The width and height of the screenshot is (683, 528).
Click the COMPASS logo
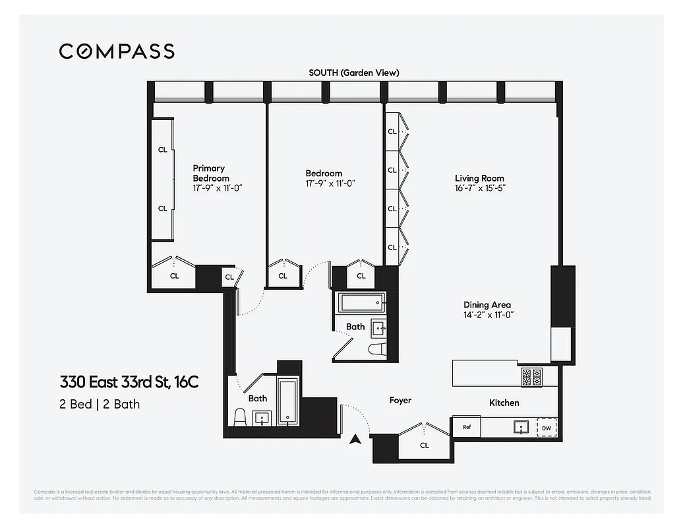pyautogui.click(x=117, y=51)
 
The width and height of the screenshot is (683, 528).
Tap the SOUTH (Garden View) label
pyautogui.click(x=354, y=73)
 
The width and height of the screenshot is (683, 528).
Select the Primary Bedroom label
pyautogui.click(x=210, y=173)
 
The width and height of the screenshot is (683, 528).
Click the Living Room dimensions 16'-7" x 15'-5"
pyautogui.click(x=479, y=188)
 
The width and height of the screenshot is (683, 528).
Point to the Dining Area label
pyautogui.click(x=487, y=304)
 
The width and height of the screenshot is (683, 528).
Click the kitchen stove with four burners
pyautogui.click(x=531, y=377)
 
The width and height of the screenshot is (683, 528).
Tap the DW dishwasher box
pyautogui.click(x=546, y=428)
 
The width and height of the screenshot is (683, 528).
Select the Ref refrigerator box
pyautogui.click(x=467, y=427)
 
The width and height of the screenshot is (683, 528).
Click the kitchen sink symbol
pyautogui.click(x=521, y=427)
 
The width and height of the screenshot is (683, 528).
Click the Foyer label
pyautogui.click(x=400, y=400)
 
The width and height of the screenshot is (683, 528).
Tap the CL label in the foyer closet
pyautogui.click(x=425, y=445)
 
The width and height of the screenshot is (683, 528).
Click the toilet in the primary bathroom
pyautogui.click(x=241, y=417)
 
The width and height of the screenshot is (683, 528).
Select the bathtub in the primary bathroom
pyautogui.click(x=287, y=401)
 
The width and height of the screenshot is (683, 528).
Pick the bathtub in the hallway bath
pyautogui.click(x=361, y=304)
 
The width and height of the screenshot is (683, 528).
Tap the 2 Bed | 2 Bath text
pyautogui.click(x=100, y=404)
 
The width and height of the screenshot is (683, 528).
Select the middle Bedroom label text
pyautogui.click(x=324, y=174)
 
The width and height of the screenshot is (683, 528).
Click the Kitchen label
pyautogui.click(x=504, y=403)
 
